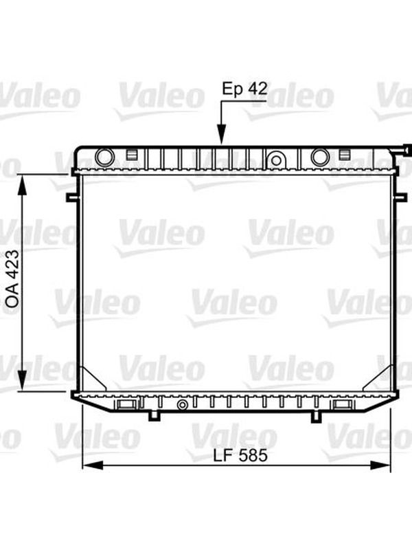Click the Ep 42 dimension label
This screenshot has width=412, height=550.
[x=245, y=89]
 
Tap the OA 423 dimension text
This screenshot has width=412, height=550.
[x=13, y=279]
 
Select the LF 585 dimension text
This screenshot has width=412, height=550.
[x=240, y=456]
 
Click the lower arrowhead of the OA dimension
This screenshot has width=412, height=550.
[x=22, y=380]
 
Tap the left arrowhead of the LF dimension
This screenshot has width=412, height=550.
[x=93, y=466]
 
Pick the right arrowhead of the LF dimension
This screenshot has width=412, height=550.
[x=380, y=465]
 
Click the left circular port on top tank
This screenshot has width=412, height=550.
[x=105, y=157]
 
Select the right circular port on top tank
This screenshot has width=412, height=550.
[x=320, y=157]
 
